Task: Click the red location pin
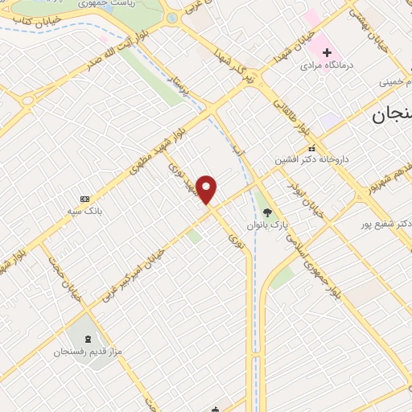pos(208,189)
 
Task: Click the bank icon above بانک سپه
pos(85,199)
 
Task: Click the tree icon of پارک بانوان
pos(267,212)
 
